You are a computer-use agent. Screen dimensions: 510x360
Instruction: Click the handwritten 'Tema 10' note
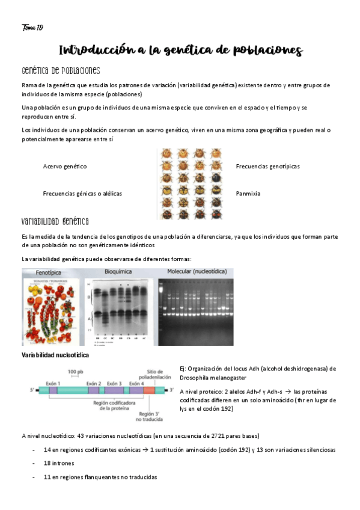32,28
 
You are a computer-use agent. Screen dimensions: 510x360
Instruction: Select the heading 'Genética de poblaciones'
60,71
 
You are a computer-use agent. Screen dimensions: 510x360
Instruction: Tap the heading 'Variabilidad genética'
55,221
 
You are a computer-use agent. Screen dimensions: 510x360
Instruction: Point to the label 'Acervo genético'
65,166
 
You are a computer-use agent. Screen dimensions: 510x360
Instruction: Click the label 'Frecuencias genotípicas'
267,166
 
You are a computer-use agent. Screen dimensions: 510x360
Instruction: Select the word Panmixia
248,194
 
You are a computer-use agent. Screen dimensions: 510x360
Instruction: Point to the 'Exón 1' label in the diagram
55,383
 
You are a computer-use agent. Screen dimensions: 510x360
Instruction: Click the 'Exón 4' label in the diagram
136,383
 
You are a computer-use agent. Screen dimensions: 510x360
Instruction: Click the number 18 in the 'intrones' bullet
47,463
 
